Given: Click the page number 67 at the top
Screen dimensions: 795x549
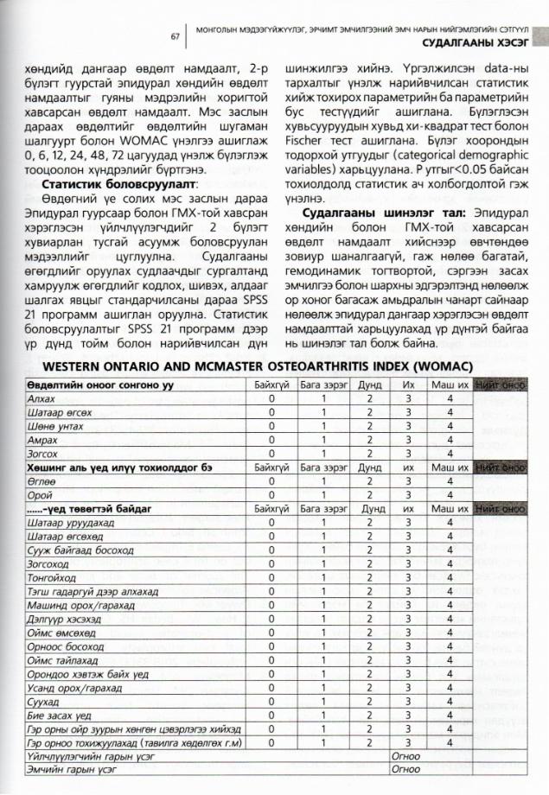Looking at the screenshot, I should point(175,35).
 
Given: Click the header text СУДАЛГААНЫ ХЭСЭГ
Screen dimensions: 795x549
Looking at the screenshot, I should point(476,41).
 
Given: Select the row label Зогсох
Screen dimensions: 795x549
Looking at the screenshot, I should point(41,453).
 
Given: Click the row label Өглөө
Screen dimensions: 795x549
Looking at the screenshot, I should point(41,480).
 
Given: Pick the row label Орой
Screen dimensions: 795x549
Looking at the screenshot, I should point(39,493).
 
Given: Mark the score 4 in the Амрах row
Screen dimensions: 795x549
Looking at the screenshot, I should point(450,439).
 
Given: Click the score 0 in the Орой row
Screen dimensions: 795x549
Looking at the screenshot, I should point(271,493).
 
